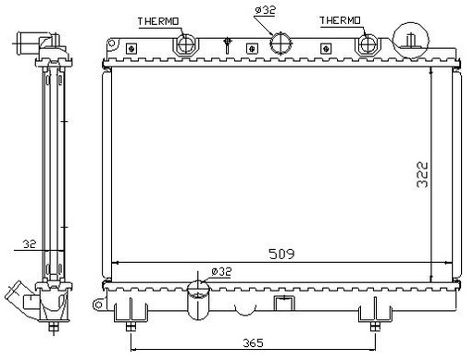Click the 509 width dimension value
point(281,254)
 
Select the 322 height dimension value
point(422,174)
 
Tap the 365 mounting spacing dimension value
point(253,342)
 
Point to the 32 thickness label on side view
point(30,244)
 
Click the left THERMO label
point(158,21)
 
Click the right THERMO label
point(340,20)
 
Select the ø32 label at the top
point(265,10)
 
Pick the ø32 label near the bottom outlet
point(221,272)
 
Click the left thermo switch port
point(185,45)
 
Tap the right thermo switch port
point(368,44)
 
